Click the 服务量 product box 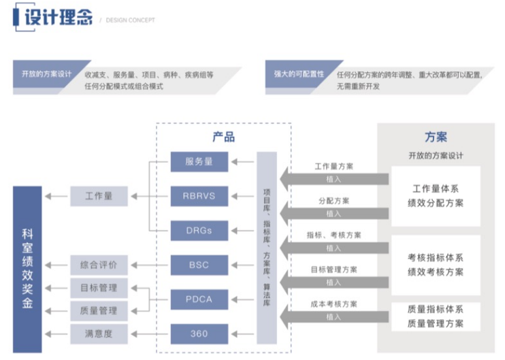coord(199,161)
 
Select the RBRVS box coord(199,196)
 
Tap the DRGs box coord(199,231)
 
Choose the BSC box coord(199,265)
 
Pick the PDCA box coord(199,299)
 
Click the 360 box coord(199,333)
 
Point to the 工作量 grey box coord(99,196)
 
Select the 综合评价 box coord(99,265)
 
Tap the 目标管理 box coord(99,288)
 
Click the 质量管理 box coord(99,310)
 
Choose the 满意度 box coord(99,333)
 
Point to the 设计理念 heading coord(58,18)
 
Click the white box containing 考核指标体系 coord(436,265)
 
